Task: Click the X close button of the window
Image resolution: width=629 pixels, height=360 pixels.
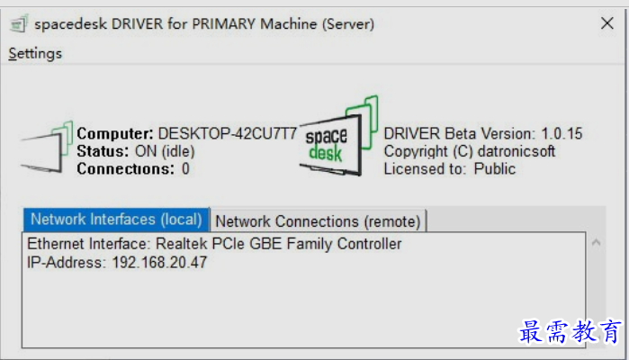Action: click(x=607, y=23)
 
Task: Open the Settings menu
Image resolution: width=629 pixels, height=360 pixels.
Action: click(x=35, y=53)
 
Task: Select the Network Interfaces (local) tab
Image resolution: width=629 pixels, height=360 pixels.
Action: click(x=116, y=220)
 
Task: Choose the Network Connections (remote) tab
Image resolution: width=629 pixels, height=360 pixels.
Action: click(x=318, y=221)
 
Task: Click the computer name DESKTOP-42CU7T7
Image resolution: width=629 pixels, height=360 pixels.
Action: click(x=228, y=133)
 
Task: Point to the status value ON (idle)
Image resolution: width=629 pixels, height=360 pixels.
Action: click(x=165, y=151)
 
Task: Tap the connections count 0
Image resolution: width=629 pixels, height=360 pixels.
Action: click(x=185, y=169)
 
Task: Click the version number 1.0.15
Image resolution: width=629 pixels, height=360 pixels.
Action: click(x=562, y=133)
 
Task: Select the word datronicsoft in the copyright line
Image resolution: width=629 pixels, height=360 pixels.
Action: click(x=517, y=151)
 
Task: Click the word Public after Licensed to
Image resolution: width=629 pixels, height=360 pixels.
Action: click(x=495, y=169)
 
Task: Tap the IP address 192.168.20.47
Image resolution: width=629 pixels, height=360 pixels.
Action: click(x=159, y=263)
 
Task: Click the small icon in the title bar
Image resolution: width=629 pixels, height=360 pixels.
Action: click(x=19, y=23)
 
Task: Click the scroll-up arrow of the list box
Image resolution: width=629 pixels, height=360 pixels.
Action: click(x=596, y=242)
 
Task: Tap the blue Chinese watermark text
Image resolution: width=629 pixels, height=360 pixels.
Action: click(x=570, y=331)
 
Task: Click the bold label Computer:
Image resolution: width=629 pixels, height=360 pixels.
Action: click(x=115, y=133)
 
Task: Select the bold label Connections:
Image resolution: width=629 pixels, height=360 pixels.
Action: click(x=126, y=169)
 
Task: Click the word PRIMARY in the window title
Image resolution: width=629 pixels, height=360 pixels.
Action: click(x=224, y=23)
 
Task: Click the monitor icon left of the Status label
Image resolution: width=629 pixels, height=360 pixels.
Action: click(x=47, y=147)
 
